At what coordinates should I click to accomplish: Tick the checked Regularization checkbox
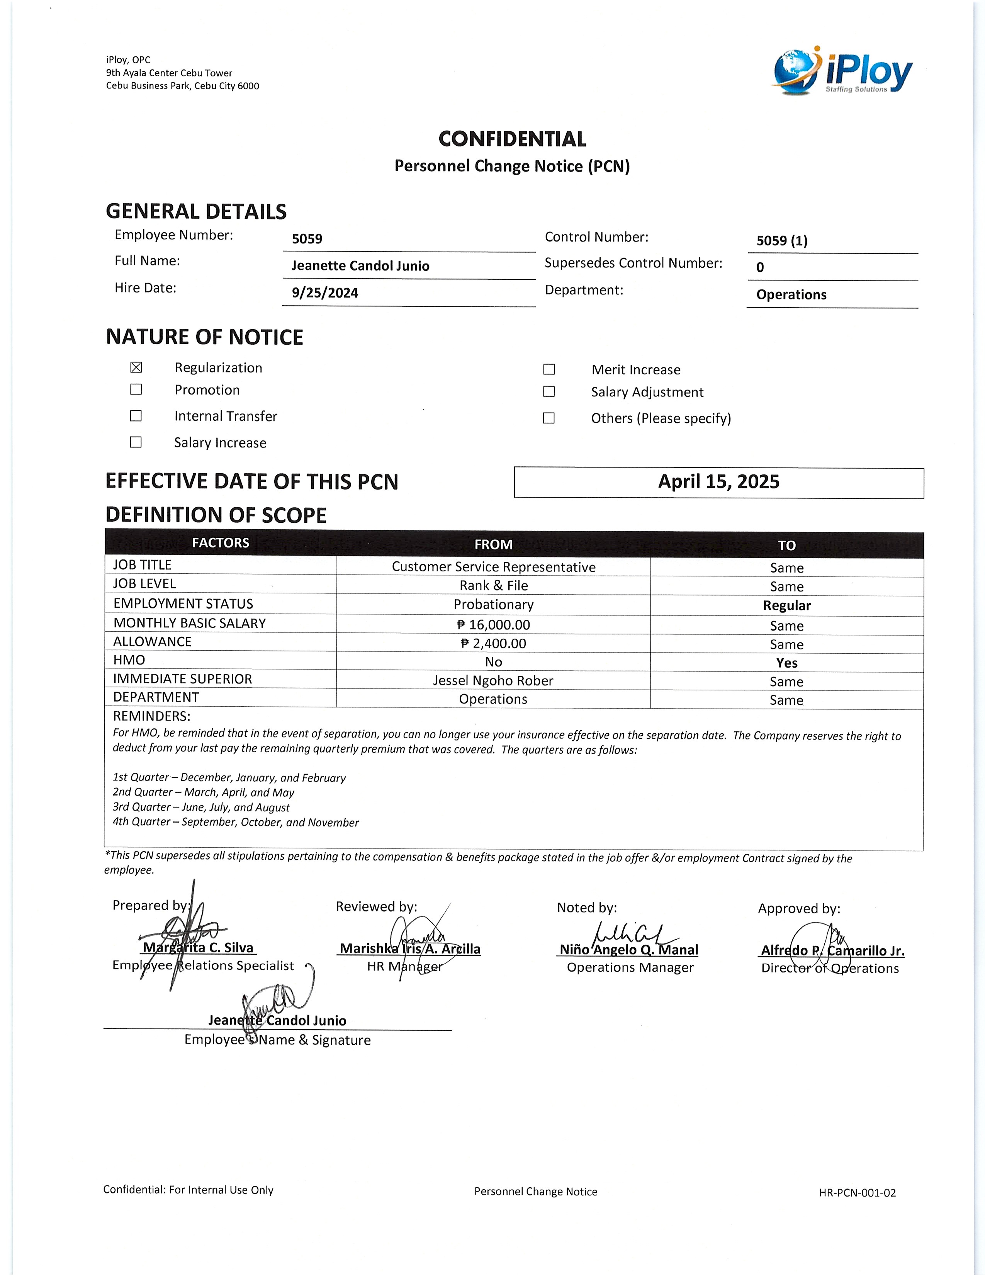coord(136,367)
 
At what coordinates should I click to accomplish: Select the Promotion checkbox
coord(136,389)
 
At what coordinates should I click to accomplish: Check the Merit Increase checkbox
coord(549,369)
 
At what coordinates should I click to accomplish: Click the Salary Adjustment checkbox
coord(549,392)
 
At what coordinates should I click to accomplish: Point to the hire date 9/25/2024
coord(325,293)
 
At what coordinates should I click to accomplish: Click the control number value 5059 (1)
coord(782,241)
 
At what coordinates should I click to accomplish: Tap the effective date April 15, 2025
coord(718,482)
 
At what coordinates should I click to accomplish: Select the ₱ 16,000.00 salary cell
coord(493,625)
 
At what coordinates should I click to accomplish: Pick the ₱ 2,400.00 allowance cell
coord(493,643)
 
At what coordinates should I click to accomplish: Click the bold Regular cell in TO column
coord(786,605)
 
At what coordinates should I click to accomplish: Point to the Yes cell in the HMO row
coord(786,663)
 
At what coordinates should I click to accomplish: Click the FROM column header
coord(493,545)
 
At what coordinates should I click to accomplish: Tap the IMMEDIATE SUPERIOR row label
coord(183,679)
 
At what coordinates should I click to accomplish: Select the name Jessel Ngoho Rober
coord(493,681)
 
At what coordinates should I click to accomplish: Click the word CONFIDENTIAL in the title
coord(512,139)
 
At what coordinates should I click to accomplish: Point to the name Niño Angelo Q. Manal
coord(628,950)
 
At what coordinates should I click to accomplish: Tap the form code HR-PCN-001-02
coord(857,1193)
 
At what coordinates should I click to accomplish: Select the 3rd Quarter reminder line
coord(201,807)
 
